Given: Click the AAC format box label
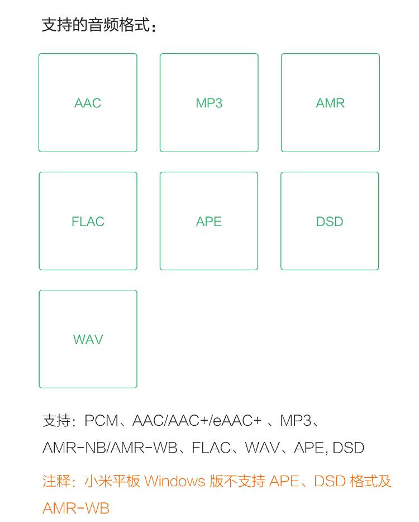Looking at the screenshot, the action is tap(88, 103).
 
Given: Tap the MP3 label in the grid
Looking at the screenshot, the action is tap(209, 103).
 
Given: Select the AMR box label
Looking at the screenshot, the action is tap(330, 103).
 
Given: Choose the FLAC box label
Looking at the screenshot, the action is tap(88, 222).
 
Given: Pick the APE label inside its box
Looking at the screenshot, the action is tap(209, 222).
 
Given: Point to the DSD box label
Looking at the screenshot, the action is tap(330, 222).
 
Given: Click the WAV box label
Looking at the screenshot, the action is tap(88, 340).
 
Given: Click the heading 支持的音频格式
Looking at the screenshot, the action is tap(96, 25).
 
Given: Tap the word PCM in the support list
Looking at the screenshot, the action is tap(102, 421).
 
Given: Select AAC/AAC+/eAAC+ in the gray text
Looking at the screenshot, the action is tap(197, 421).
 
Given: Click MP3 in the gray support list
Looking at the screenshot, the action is tap(296, 421).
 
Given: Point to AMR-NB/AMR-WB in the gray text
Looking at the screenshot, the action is tap(110, 448).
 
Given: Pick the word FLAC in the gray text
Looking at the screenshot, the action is tap(211, 448).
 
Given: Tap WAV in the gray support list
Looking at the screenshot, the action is tap(263, 448).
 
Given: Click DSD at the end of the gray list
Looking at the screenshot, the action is tap(348, 448).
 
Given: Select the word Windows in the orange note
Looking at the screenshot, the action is tap(175, 481).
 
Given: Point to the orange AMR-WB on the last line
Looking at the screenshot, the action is tap(76, 509).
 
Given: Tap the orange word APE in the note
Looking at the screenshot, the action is tap(284, 481).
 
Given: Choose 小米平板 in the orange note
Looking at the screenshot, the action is tap(112, 481).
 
